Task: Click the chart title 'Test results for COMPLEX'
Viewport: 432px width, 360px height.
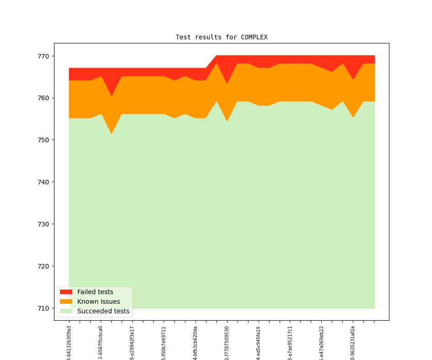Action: coord(221,38)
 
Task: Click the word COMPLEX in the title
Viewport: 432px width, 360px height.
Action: coord(254,38)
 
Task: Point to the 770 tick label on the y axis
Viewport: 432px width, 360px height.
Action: coord(44,56)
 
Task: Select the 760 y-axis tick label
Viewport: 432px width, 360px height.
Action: coord(44,98)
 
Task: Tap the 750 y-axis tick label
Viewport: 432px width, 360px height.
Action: coord(44,140)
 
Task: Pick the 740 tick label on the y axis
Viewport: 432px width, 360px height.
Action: coord(44,182)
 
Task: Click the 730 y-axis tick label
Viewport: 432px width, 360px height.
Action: coord(44,224)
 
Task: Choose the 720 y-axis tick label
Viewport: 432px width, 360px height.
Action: coord(44,266)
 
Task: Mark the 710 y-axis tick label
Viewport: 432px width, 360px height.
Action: coord(44,308)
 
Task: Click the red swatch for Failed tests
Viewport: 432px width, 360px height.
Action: coord(66,292)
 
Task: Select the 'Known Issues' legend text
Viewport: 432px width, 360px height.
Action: coord(98,301)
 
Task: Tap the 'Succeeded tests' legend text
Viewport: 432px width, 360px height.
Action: coord(103,311)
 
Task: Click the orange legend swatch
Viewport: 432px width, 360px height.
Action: coord(66,301)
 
